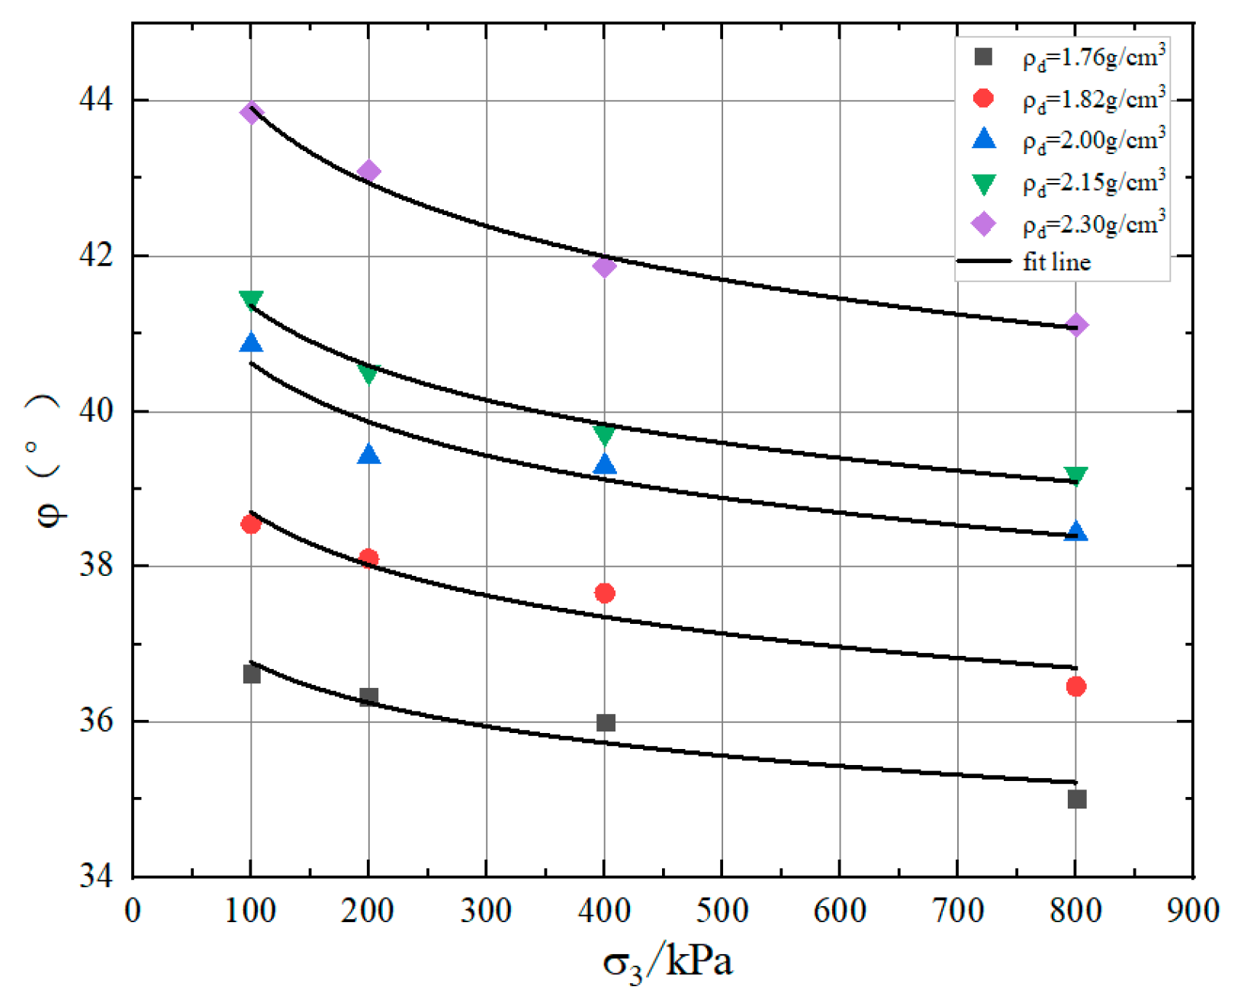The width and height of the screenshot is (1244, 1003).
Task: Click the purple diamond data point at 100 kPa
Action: coord(251,113)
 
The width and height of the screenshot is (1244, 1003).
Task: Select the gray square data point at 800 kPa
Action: coord(1076,799)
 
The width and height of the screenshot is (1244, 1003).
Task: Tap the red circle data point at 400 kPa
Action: coord(604,593)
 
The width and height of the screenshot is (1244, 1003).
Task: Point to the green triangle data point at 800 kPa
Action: coord(1075,476)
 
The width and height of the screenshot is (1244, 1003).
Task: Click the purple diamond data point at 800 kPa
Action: coord(1075,326)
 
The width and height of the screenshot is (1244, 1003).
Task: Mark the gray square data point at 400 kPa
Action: coord(606,722)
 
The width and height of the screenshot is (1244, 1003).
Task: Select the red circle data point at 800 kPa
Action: coord(1075,686)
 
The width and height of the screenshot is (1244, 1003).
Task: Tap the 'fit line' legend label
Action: coord(1056,262)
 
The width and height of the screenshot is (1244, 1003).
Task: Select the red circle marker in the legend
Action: coord(984,98)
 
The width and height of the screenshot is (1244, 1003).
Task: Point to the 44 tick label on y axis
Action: coord(95,100)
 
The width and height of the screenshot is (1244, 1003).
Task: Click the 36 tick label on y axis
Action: coord(95,722)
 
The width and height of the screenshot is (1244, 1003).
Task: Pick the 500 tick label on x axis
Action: coord(722,910)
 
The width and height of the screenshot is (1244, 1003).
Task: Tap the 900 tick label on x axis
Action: coord(1193,910)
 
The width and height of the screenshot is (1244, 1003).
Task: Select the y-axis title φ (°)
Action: coord(48,458)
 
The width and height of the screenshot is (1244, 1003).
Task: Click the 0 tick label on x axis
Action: coord(133,910)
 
